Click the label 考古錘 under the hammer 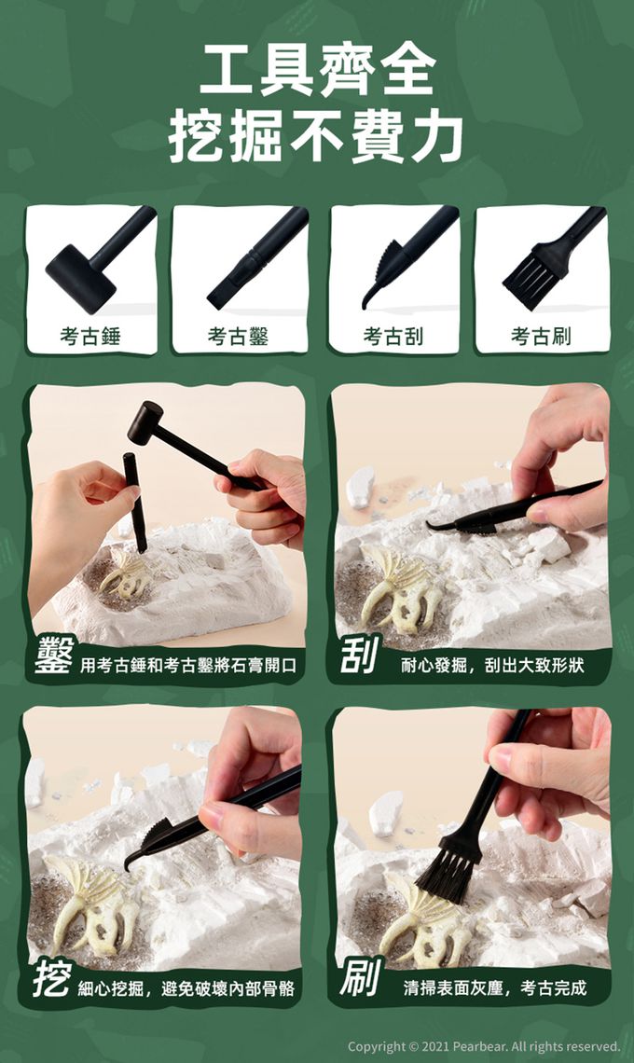90,336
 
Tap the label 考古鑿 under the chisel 238,336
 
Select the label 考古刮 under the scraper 393,336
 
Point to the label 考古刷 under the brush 541,336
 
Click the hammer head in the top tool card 80,277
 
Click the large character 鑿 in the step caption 53,656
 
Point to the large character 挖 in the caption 51,980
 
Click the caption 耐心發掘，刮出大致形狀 492,665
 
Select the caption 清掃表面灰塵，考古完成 494,987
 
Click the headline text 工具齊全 317,70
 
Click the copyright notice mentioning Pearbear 483,1046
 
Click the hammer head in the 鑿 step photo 145,422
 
